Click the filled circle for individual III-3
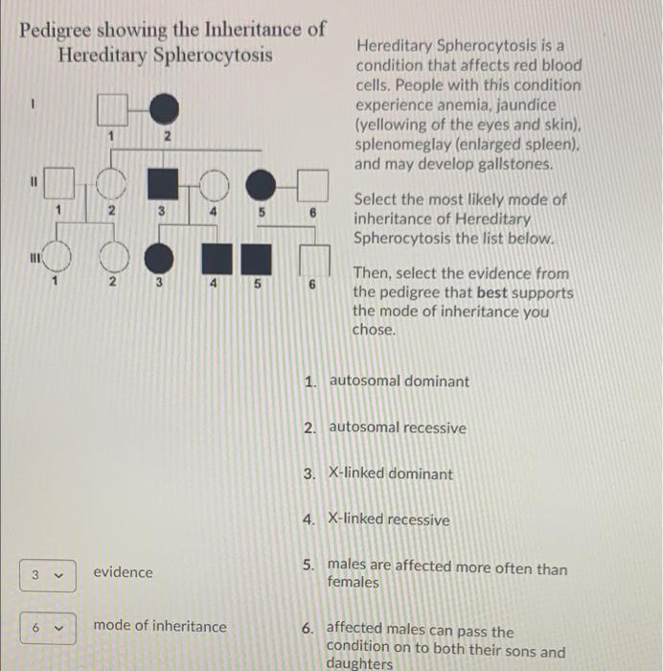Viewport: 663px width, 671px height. pos(162,258)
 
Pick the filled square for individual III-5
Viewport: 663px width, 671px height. pos(257,259)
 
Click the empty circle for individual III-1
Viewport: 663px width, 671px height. pos(59,258)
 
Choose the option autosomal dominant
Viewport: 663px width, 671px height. pos(399,382)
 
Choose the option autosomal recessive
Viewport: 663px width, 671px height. pos(397,428)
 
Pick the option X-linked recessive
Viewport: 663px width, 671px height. pos(388,521)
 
